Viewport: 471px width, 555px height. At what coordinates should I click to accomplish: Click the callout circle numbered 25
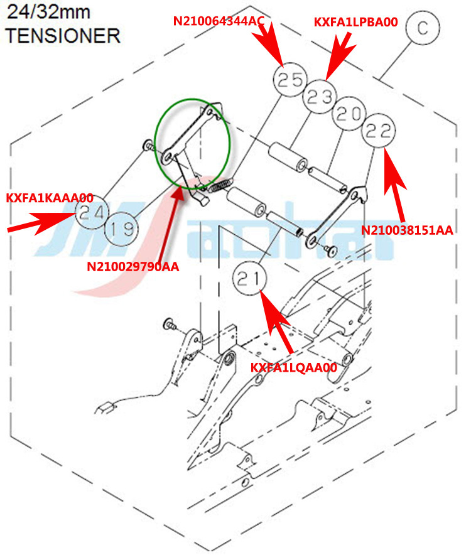pos(290,81)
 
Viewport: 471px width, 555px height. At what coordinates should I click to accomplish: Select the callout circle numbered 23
pos(320,97)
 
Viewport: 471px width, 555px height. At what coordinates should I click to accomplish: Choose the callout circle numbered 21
pos(251,280)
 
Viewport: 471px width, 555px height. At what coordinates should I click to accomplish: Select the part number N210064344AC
pos(219,21)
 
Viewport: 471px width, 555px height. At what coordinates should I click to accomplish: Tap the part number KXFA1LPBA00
pos(355,22)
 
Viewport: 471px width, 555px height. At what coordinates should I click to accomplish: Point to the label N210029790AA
pos(133,267)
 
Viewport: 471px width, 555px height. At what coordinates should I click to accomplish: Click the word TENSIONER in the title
pos(63,36)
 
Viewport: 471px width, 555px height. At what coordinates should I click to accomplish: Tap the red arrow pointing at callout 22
pos(397,171)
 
